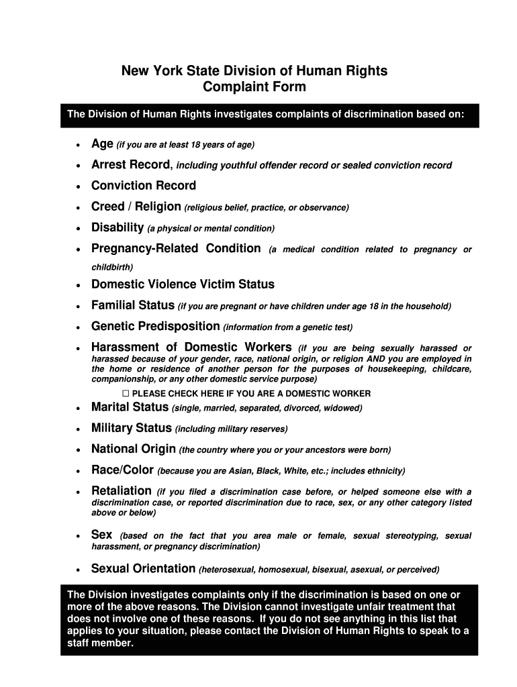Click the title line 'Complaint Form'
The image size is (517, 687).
click(x=254, y=87)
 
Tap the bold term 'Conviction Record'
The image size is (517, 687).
click(x=144, y=186)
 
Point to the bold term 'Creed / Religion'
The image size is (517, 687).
click(x=136, y=207)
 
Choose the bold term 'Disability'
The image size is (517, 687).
click(x=117, y=227)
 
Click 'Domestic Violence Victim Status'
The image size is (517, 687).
click(x=183, y=284)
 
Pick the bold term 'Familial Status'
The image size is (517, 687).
click(x=133, y=306)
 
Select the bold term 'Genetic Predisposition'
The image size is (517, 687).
click(x=155, y=327)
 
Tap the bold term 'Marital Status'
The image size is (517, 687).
click(x=130, y=407)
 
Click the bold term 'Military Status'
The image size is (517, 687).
click(x=132, y=428)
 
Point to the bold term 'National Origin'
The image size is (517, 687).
click(x=134, y=449)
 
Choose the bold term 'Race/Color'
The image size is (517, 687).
click(x=123, y=470)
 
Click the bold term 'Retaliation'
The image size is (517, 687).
click(x=122, y=491)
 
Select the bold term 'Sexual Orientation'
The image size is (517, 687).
click(x=143, y=569)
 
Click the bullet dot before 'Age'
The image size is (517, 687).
click(x=79, y=146)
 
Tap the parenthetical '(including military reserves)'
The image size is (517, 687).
click(x=231, y=429)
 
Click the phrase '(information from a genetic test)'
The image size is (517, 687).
click(x=288, y=327)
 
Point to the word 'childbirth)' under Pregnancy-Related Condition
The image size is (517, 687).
click(x=112, y=266)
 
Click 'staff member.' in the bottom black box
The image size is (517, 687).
click(x=101, y=643)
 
